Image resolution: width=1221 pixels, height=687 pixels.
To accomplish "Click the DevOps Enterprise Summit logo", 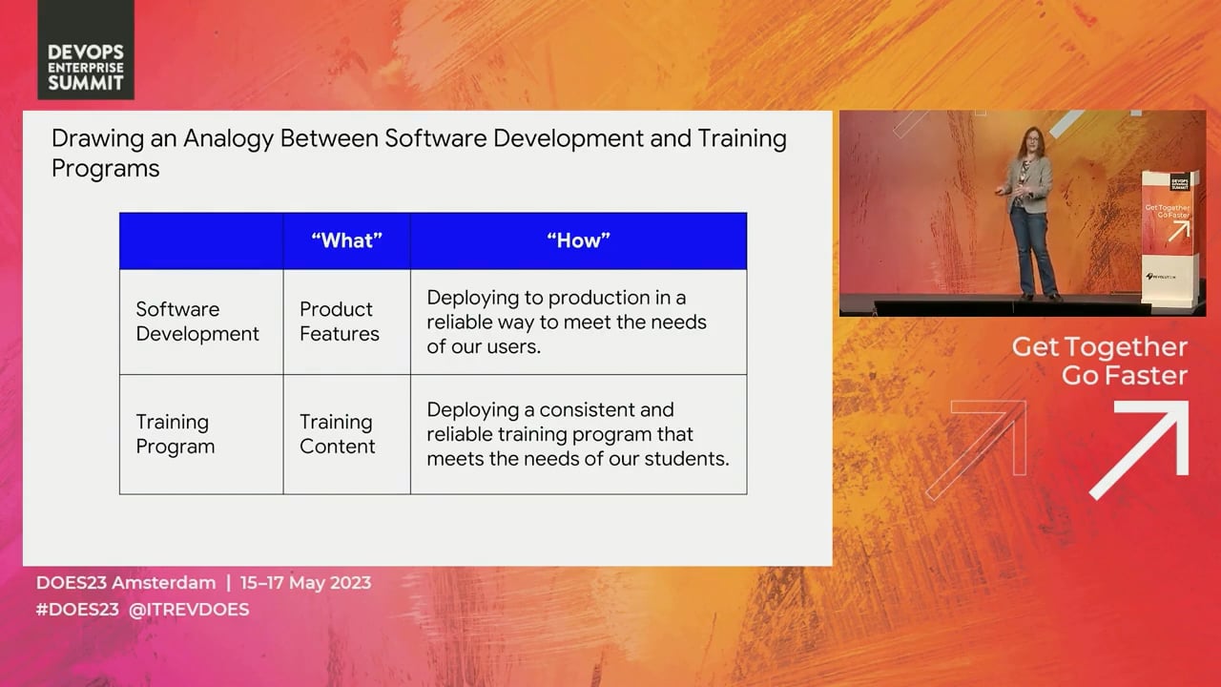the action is (x=86, y=50).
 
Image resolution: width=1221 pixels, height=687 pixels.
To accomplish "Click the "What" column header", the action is (x=346, y=240).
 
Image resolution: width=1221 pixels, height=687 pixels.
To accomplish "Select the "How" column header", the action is (x=578, y=240).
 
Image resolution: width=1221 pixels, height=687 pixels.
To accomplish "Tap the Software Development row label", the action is (x=197, y=322).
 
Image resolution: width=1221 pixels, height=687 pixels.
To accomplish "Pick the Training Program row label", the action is (x=175, y=434).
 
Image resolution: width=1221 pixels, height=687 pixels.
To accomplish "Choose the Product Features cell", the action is (x=339, y=322).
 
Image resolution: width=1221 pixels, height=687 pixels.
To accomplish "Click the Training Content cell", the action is (x=337, y=434).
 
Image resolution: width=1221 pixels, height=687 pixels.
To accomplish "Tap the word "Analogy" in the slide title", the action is (x=228, y=139).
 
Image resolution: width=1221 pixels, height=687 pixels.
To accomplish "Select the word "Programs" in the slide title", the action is (x=106, y=169).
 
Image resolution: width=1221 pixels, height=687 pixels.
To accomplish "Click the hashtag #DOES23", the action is (x=77, y=609).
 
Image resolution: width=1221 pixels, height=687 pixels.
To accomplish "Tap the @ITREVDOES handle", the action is (x=189, y=609).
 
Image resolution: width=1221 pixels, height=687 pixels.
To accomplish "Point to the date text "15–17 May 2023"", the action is (x=306, y=583).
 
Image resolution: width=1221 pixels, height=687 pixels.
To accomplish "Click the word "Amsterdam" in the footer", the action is (x=163, y=583).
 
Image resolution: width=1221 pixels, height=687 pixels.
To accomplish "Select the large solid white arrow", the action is (x=1140, y=449).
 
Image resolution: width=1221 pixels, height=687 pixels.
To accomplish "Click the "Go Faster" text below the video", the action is (x=1125, y=376).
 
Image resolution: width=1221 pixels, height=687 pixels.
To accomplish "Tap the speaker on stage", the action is (x=1029, y=213).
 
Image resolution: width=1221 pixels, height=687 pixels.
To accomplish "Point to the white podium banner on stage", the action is (x=1170, y=238).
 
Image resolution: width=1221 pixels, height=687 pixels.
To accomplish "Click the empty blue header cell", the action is (x=201, y=241).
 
